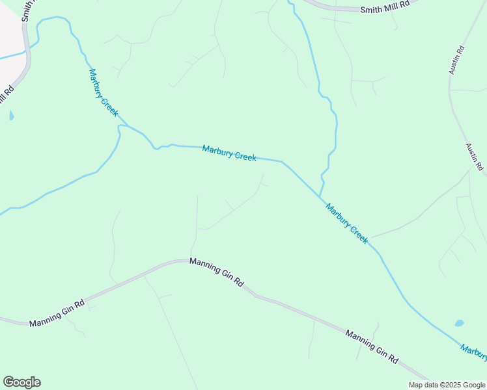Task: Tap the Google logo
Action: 21,382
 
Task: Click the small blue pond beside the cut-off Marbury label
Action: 459,323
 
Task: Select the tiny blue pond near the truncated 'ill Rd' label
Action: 11,116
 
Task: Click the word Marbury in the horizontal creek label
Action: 217,151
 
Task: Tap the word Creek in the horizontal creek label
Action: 245,157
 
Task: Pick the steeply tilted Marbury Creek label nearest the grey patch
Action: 104,92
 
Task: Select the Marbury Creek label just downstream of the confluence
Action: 347,224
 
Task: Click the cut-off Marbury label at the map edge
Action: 474,352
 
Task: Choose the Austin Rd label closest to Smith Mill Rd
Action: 456,59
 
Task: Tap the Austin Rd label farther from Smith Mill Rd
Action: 475,157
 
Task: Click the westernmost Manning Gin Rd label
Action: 57,313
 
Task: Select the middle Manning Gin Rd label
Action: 216,272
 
